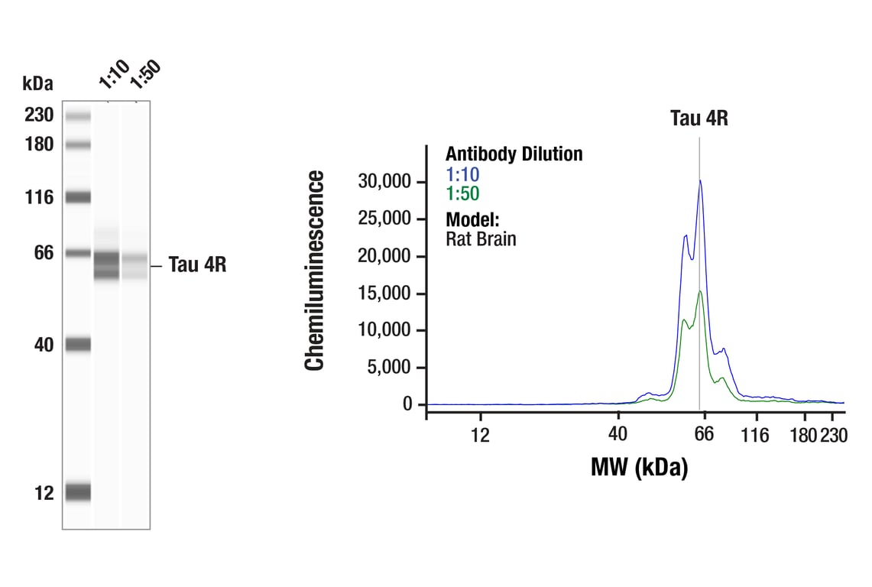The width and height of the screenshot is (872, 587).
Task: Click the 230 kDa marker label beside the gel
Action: (x=38, y=115)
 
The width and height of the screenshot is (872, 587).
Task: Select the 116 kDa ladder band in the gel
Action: (x=78, y=197)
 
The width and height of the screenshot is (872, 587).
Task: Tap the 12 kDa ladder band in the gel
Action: (x=78, y=491)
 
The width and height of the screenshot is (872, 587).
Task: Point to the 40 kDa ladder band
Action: (x=78, y=345)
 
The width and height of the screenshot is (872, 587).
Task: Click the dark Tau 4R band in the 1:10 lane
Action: (x=107, y=264)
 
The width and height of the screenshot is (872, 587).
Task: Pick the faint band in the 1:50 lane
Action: (x=135, y=264)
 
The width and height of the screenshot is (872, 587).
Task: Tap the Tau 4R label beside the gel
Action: (x=197, y=265)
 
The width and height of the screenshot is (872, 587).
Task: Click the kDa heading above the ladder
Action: (x=38, y=83)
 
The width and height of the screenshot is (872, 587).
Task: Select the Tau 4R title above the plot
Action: (x=699, y=118)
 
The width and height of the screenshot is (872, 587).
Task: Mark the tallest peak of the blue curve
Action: (x=700, y=181)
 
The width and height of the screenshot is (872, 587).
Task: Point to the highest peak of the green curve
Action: (x=700, y=291)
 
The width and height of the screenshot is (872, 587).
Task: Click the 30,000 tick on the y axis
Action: (x=385, y=182)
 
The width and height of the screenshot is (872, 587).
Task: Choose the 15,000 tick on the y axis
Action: (x=385, y=293)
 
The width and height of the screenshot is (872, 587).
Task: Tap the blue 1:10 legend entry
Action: (x=462, y=174)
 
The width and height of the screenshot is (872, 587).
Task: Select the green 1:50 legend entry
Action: (x=462, y=193)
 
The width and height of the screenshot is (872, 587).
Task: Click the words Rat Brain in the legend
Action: (x=481, y=238)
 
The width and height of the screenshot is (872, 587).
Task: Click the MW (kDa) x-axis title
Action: (x=639, y=467)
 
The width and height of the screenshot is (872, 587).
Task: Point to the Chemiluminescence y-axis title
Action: (x=316, y=271)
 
